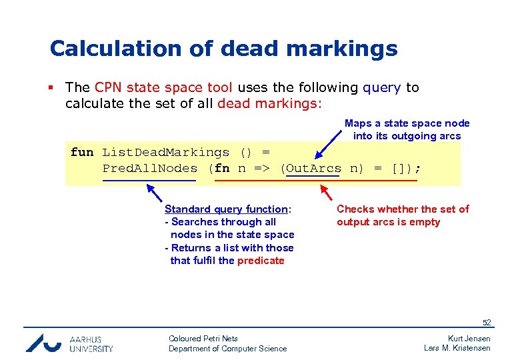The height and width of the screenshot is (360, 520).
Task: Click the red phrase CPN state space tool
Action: click(163, 87)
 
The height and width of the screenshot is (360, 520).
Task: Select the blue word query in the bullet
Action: click(381, 87)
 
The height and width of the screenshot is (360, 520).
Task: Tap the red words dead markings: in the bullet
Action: click(269, 103)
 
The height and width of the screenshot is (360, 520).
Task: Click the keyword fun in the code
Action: click(82, 152)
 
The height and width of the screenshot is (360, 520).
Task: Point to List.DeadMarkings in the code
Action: click(165, 152)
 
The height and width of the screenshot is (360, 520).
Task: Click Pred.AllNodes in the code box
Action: click(149, 169)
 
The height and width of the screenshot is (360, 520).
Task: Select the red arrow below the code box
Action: click(327, 193)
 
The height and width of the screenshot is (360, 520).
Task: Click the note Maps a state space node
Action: click(407, 123)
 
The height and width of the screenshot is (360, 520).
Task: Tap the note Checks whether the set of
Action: click(403, 209)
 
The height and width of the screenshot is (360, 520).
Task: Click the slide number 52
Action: click(487, 323)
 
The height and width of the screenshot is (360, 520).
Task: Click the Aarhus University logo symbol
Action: click(43, 342)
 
